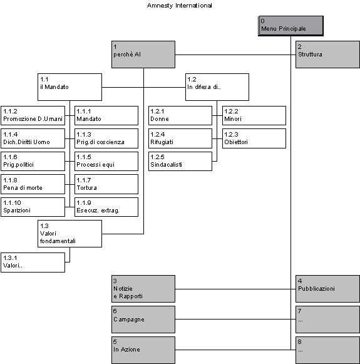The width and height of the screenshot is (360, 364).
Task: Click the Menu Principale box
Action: [x=291, y=26]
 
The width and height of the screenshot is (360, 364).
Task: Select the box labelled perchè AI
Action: [x=143, y=55]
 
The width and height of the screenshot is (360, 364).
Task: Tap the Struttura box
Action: [x=328, y=55]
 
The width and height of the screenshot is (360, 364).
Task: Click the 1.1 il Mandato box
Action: [x=70, y=87]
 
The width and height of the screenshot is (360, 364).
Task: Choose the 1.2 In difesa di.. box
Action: [x=217, y=87]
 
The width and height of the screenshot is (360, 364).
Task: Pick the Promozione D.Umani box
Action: [x=33, y=116]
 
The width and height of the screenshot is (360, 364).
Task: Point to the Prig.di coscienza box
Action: [x=106, y=138]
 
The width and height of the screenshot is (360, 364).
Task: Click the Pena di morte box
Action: [x=33, y=184]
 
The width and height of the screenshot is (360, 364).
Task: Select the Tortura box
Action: [x=106, y=184]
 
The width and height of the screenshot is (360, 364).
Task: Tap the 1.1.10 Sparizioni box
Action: [x=33, y=207]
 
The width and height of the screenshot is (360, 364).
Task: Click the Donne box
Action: [x=180, y=116]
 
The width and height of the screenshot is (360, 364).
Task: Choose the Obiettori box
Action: [x=254, y=138]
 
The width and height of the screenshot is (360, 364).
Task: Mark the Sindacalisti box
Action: [x=180, y=162]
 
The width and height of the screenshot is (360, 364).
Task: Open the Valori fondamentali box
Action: [x=70, y=234]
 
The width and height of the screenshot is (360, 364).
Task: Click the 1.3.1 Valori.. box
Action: [x=33, y=263]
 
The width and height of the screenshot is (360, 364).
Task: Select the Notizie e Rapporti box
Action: [x=143, y=289]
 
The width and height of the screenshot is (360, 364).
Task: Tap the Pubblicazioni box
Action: [x=328, y=289]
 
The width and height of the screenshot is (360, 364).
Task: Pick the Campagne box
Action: [x=143, y=320]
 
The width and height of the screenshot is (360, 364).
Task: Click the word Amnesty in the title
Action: [x=160, y=6]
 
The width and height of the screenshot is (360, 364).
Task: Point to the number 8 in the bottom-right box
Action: [x=300, y=341]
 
